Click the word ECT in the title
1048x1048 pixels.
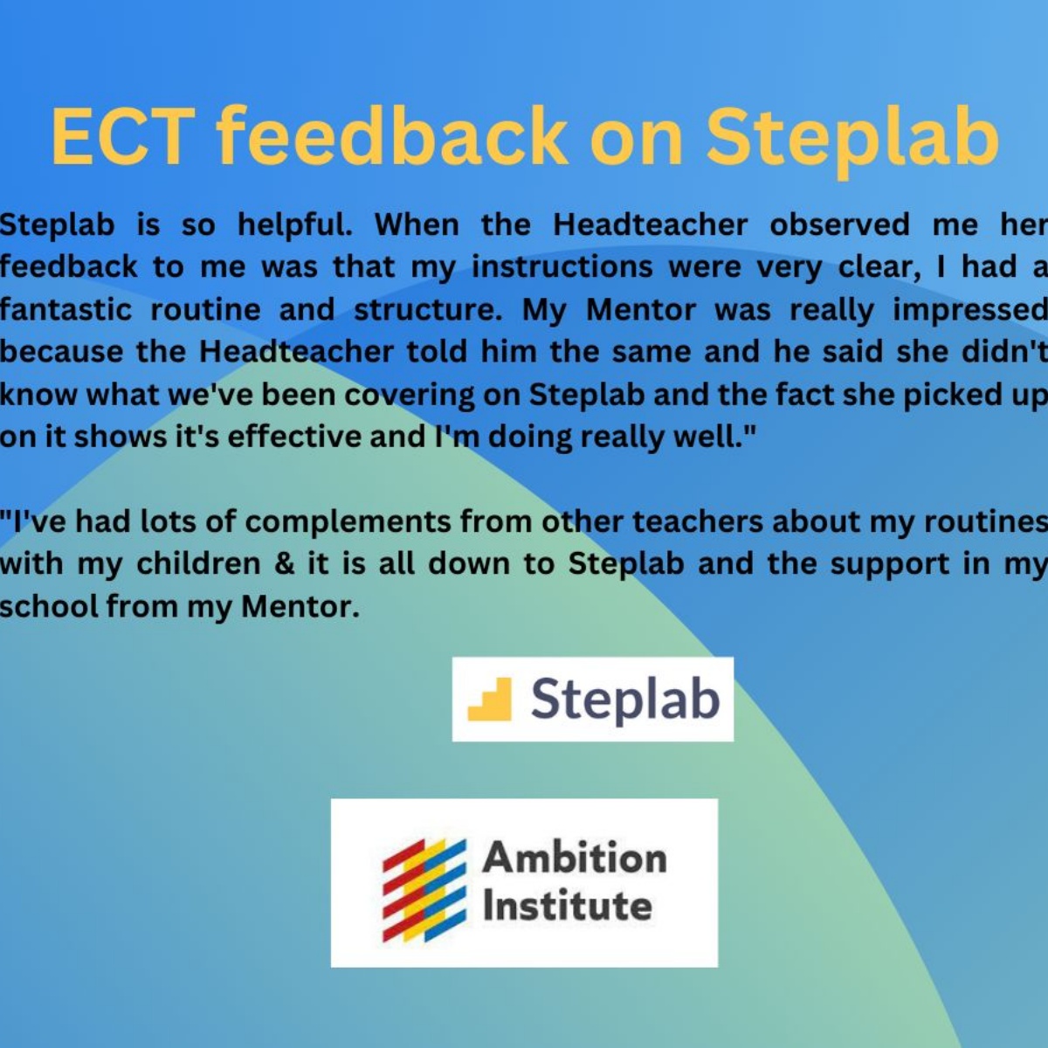(x=123, y=137)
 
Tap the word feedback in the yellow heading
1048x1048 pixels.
(x=392, y=137)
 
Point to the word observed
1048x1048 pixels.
(x=839, y=225)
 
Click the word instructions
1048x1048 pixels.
(x=562, y=267)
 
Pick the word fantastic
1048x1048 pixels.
(x=65, y=310)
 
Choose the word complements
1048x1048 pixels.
(x=348, y=522)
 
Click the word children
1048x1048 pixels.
(x=198, y=563)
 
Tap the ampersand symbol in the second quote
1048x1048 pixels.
(x=284, y=563)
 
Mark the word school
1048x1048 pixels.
(x=48, y=606)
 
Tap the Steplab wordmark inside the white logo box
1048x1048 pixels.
(x=625, y=700)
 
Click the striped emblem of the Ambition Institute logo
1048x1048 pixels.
(x=424, y=890)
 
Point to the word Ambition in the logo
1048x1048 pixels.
(x=575, y=858)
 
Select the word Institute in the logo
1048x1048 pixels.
(x=568, y=906)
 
